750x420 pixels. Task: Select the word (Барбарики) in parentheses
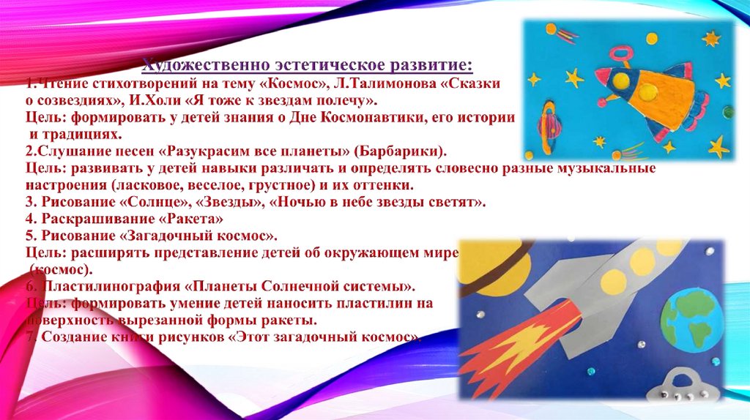click(x=401, y=152)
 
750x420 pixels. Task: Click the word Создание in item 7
click(x=70, y=337)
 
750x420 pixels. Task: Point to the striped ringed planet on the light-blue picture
click(x=547, y=120)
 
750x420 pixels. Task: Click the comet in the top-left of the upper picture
click(x=562, y=33)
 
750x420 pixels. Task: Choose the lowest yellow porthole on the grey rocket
click(x=609, y=280)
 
